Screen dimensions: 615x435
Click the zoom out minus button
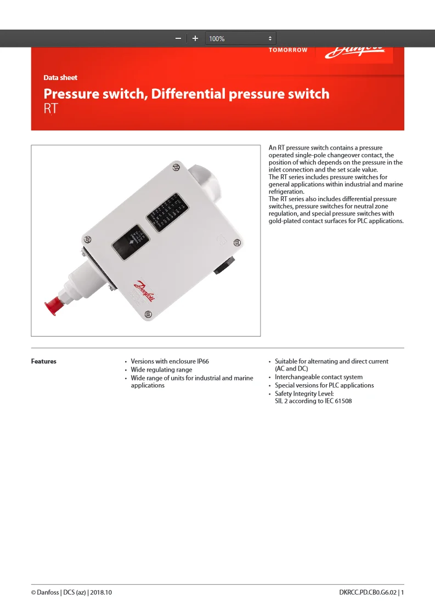coord(178,38)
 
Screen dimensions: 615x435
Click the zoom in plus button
coord(195,38)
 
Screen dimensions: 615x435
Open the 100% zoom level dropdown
coord(240,38)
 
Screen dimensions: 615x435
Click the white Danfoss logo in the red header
coord(354,53)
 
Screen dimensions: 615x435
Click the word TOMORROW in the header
coord(288,50)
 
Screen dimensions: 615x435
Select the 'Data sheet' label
coord(60,78)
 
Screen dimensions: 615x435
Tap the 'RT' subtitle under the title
coord(50,108)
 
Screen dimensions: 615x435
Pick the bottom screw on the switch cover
coord(148,314)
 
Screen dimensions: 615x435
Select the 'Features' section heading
coord(44,361)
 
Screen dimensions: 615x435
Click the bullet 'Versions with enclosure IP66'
coord(170,361)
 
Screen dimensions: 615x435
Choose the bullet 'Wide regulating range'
coord(161,369)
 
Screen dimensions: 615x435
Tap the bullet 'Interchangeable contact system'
coord(318,377)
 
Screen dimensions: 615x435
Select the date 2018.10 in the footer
coord(101,593)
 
